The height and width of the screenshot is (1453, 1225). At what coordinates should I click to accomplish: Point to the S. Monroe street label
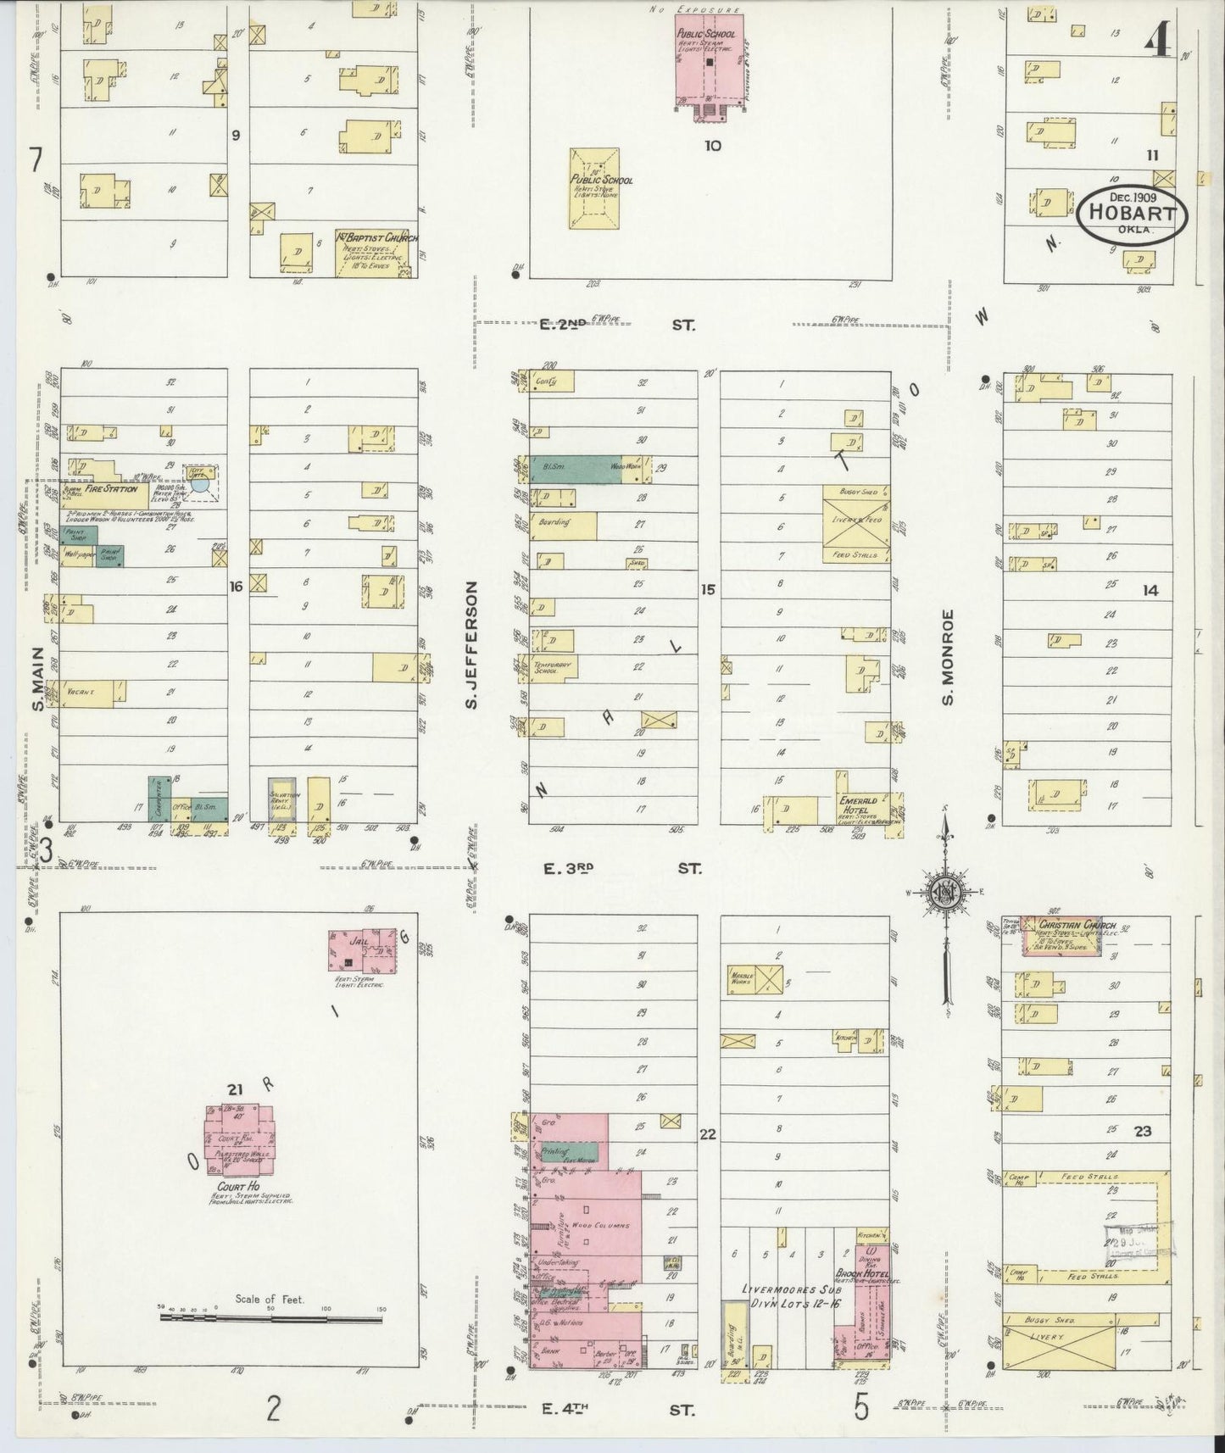pos(948,656)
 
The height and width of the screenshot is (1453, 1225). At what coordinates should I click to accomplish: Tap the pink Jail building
pos(363,953)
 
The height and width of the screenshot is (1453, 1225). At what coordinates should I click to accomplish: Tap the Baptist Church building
pos(376,252)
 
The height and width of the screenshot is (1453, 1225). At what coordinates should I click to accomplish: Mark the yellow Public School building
pos(594,188)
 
